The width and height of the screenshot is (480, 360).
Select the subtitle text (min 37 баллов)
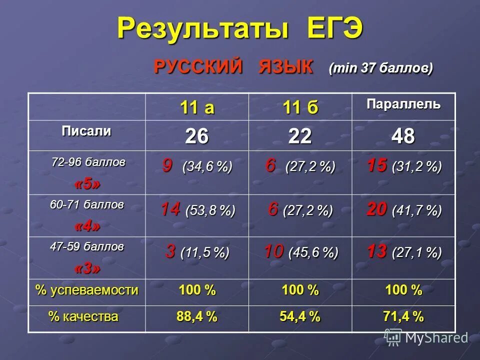click(380, 67)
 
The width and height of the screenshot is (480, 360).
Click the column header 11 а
click(197, 107)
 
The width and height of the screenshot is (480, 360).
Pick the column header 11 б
click(300, 107)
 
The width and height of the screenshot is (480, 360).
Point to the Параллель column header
click(403, 105)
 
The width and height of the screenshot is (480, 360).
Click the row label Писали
click(86, 132)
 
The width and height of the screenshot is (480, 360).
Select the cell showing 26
click(197, 136)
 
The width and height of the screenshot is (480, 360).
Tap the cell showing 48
click(403, 136)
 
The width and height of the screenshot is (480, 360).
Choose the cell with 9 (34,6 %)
click(197, 166)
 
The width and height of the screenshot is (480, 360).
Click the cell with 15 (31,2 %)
click(403, 166)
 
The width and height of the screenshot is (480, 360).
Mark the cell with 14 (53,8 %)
click(197, 210)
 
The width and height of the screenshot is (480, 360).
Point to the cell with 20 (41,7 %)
click(403, 210)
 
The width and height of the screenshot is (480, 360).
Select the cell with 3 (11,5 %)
click(197, 252)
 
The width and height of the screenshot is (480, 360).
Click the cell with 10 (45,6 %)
click(300, 252)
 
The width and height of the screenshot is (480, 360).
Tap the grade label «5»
click(87, 183)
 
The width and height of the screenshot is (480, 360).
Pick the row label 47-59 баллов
click(87, 246)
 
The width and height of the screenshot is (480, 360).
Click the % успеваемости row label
click(87, 290)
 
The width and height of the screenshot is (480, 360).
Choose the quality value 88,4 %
click(197, 316)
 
